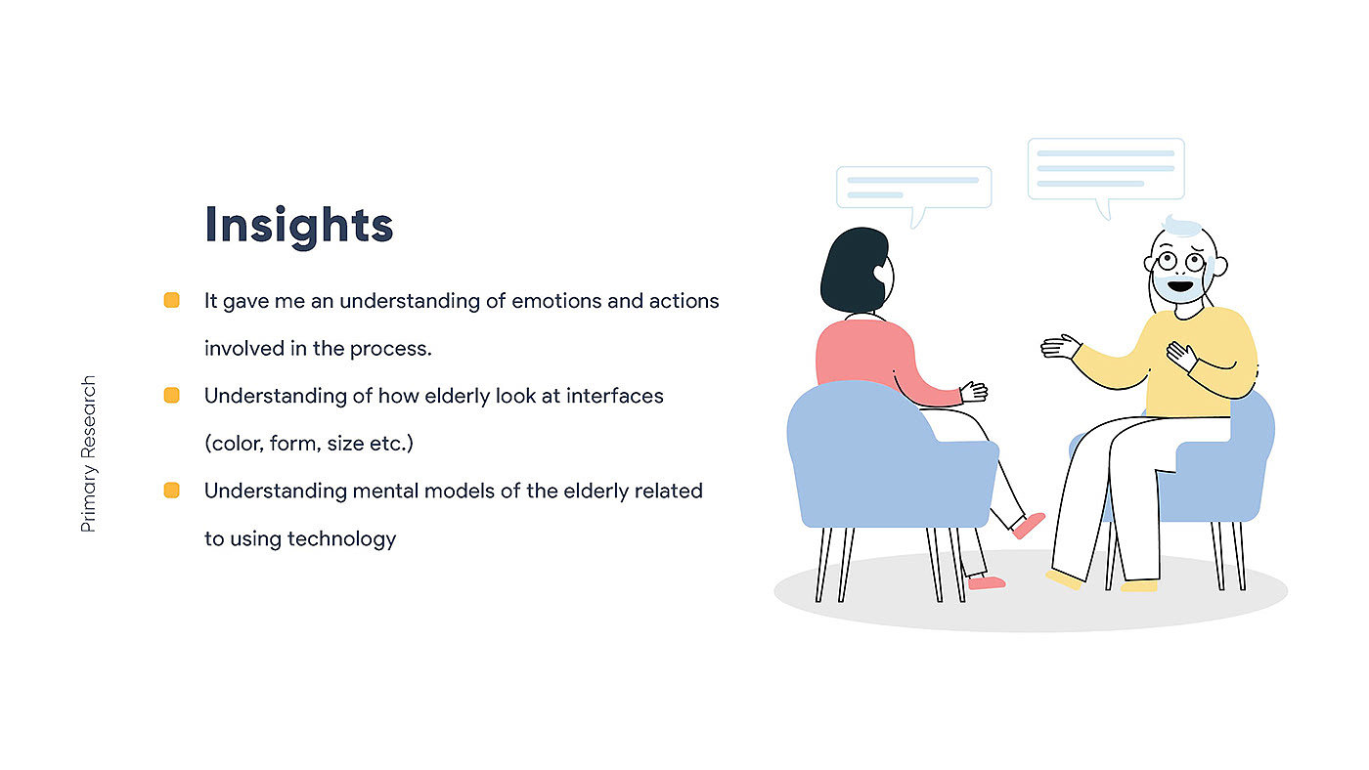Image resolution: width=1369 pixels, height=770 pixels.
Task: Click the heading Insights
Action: pyautogui.click(x=299, y=226)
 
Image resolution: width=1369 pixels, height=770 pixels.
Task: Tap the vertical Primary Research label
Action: pyautogui.click(x=89, y=453)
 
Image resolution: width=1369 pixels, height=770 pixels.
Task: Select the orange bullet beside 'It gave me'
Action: pyautogui.click(x=172, y=300)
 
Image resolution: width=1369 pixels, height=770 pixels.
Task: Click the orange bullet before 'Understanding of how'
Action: pyautogui.click(x=172, y=395)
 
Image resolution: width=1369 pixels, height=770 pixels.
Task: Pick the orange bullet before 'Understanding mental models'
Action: pyautogui.click(x=172, y=491)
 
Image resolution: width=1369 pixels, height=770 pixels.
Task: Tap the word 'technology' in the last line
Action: pyautogui.click(x=341, y=539)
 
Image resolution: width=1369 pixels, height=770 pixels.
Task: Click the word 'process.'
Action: pyautogui.click(x=390, y=349)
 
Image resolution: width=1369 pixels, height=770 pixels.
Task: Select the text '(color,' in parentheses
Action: pyautogui.click(x=234, y=444)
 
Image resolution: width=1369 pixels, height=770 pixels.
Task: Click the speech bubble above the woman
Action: pyautogui.click(x=913, y=189)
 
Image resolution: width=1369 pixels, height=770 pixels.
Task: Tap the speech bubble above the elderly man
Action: pyautogui.click(x=1106, y=170)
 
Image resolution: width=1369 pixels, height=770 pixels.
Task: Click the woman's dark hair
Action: pyautogui.click(x=855, y=270)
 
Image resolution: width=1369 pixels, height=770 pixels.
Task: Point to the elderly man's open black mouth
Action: pyautogui.click(x=1180, y=285)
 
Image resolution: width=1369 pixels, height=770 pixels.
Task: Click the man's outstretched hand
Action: pyautogui.click(x=1060, y=346)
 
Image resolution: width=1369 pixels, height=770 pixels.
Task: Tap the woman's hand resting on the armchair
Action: pyautogui.click(x=974, y=392)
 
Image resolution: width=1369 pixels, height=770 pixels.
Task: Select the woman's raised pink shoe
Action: pyautogui.click(x=1029, y=525)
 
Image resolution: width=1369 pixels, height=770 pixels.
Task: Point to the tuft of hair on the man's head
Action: pyautogui.click(x=1182, y=226)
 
